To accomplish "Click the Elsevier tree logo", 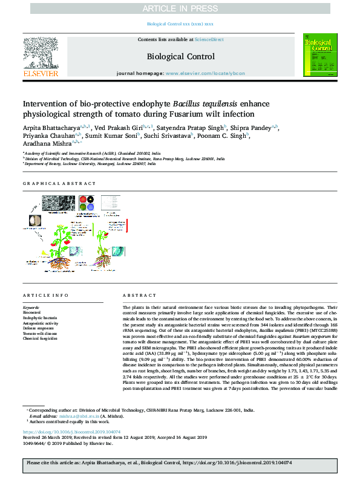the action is coord(41,53).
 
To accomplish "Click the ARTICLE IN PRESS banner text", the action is coord(180,8).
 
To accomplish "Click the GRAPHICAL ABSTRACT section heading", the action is coord(59,183).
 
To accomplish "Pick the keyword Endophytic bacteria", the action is coord(40,317).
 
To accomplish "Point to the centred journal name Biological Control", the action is coord(180,57).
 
